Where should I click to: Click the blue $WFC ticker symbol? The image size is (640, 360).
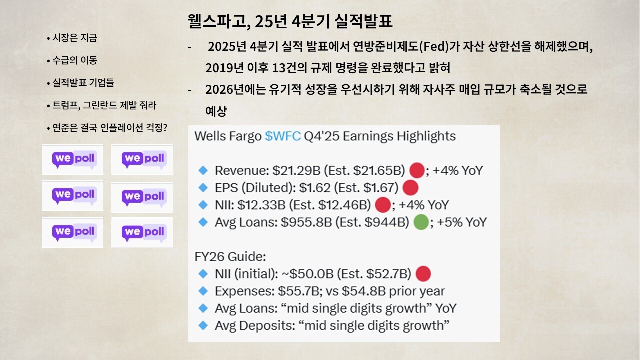pos(283,136)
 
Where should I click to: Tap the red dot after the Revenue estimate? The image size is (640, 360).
pos(417,170)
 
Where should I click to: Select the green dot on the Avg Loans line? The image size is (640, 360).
pos(421,222)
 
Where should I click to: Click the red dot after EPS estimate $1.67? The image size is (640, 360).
pos(411,187)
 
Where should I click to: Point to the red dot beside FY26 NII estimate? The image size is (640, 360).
pos(423,274)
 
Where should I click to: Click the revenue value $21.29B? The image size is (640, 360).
pos(296,171)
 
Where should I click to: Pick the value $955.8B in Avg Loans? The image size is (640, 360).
pos(306,222)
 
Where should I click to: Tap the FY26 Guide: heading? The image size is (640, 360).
pos(230,257)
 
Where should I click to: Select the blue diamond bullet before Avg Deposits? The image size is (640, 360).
pos(203,325)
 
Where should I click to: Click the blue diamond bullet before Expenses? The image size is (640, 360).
pos(203,291)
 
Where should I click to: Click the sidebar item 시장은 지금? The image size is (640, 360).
pos(75,38)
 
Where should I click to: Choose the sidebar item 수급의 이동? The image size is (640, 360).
pos(75,60)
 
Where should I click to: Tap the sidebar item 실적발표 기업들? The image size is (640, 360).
pos(83,83)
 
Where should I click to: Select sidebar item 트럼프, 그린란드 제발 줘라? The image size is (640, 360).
pos(104,105)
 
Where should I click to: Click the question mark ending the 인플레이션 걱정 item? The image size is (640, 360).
pos(164,127)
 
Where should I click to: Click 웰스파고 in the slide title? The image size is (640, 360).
pos(216,21)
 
